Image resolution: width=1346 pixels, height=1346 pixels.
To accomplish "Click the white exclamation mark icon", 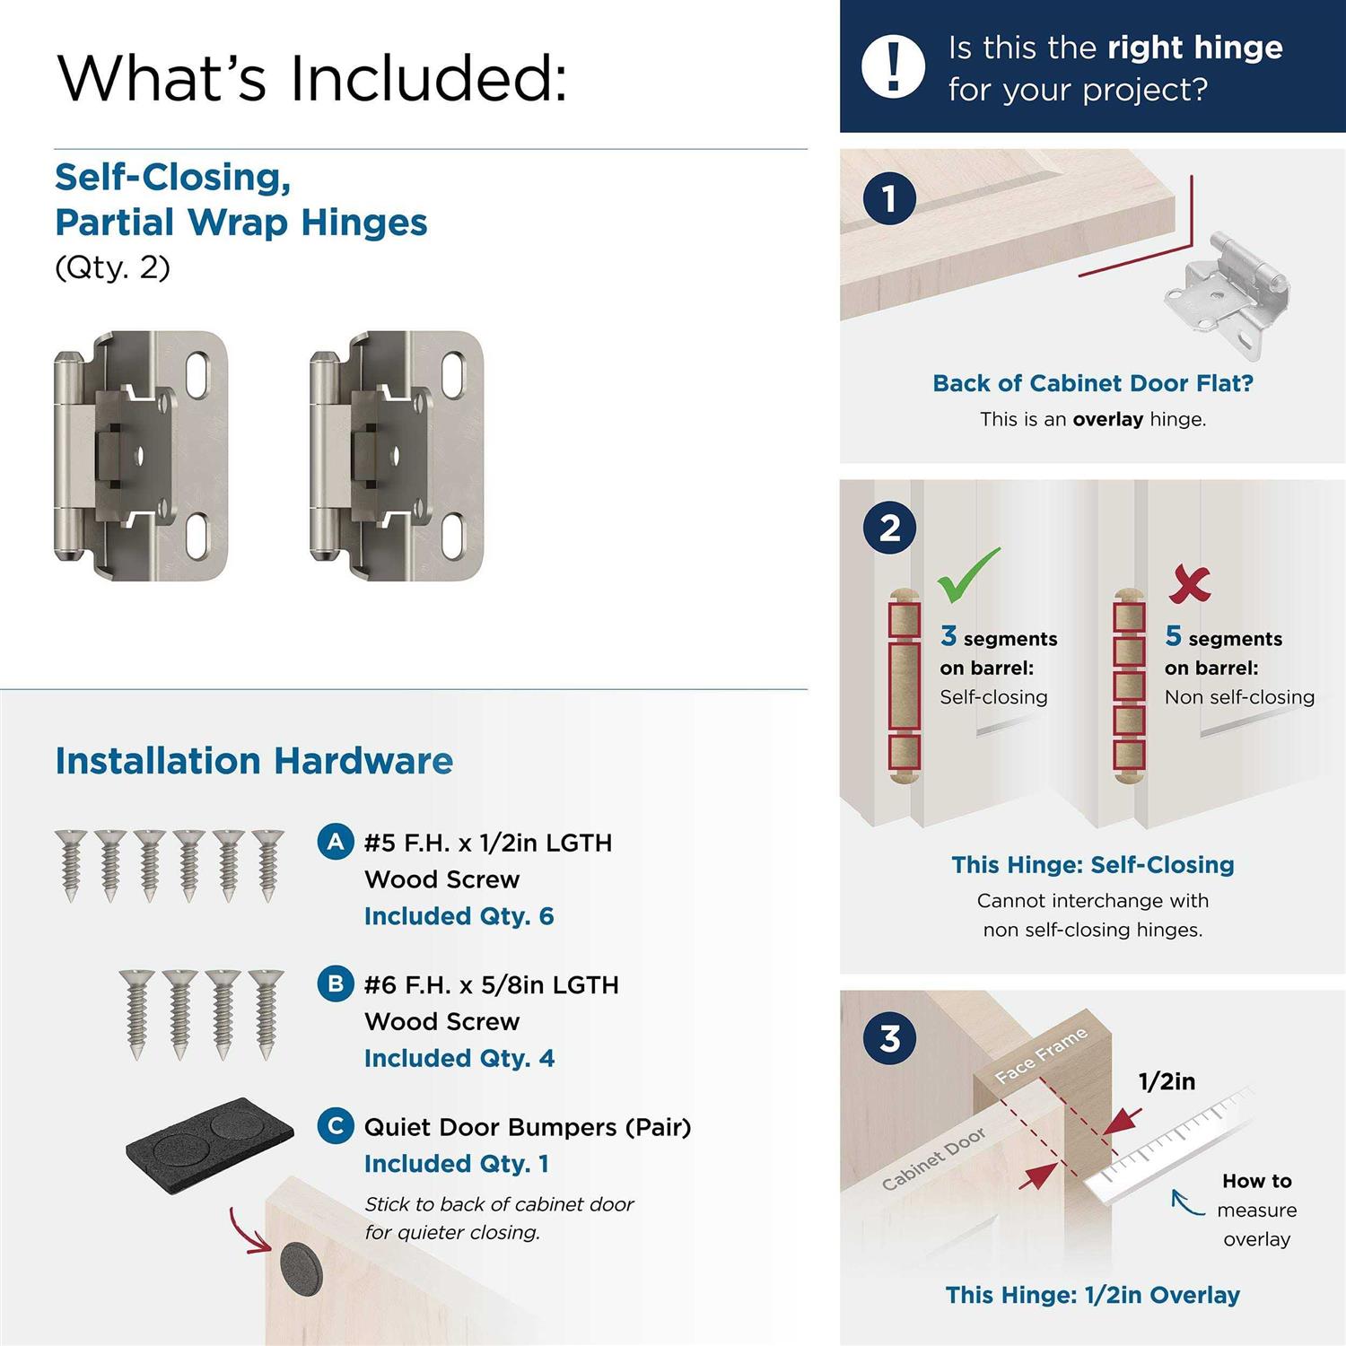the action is [893, 66].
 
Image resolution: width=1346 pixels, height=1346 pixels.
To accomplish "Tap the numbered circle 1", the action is [889, 198].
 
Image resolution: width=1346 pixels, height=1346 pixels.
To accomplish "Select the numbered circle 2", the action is [889, 528].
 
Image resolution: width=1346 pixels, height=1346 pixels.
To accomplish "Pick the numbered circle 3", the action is [889, 1038].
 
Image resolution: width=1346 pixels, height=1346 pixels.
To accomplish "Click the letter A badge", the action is [336, 842].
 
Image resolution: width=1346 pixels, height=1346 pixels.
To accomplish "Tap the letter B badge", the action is [336, 983].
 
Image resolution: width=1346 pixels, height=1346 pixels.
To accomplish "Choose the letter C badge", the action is [336, 1125].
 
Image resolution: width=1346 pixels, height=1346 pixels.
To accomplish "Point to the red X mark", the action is [1190, 584].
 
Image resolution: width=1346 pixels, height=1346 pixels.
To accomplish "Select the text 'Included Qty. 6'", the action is [459, 916].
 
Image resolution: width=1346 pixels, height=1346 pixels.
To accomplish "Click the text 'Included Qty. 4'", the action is [459, 1058].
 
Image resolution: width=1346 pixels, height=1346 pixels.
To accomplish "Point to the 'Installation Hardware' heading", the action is [254, 761].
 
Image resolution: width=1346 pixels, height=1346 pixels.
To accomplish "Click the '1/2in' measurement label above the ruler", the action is [1167, 1081].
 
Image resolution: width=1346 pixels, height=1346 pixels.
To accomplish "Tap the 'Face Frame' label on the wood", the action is [1042, 1055].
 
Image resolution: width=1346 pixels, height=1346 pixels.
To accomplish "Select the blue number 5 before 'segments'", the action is [1173, 635].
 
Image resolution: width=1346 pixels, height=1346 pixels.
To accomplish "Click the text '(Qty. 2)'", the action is [112, 267].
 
